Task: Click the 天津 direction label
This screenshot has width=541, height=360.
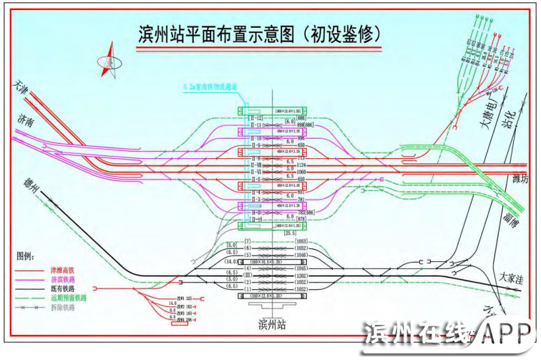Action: coord(24,87)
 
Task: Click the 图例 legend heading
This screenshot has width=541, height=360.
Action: coord(25,256)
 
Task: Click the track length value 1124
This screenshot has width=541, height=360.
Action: coord(301,165)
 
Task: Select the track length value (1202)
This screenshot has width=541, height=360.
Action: coord(301,276)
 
